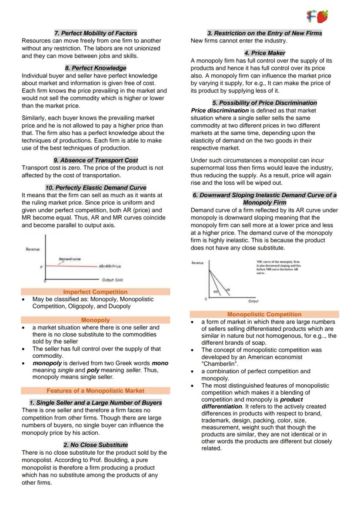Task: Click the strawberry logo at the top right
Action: (x=317, y=17)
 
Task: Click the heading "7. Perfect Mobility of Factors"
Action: (x=95, y=33)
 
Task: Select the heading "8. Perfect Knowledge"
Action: (x=95, y=68)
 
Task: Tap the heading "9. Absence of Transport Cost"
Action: (x=95, y=160)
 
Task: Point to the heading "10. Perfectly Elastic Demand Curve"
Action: (x=95, y=188)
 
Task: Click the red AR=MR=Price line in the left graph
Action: (x=70, y=266)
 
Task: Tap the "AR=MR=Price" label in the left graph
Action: (x=110, y=266)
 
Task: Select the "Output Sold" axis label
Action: (x=112, y=280)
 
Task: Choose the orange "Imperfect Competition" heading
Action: (x=95, y=292)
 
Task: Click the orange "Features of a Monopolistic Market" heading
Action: (x=95, y=391)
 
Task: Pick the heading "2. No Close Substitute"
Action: (x=95, y=445)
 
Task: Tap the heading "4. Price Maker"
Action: (x=264, y=53)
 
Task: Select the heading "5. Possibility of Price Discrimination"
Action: (x=264, y=103)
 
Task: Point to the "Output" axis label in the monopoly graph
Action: (x=253, y=301)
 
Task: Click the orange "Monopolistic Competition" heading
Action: (x=264, y=314)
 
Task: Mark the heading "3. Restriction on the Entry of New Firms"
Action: (x=264, y=33)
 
